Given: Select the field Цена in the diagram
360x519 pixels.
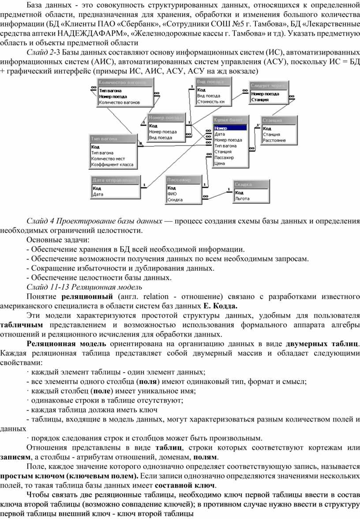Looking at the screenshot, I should pyautogui.click(x=219, y=163).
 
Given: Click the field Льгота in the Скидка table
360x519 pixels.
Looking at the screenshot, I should pyautogui.click(x=243, y=198).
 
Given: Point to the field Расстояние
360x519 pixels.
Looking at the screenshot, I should pyautogui.click(x=274, y=140).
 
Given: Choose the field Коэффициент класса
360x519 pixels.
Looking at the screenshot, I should pyautogui.click(x=112, y=164).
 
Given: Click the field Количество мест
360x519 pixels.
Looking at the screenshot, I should pyautogui.click(x=108, y=159).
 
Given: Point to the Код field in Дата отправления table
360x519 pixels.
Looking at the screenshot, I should pyautogui.click(x=97, y=188).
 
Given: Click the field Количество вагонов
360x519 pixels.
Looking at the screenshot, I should pyautogui.click(x=119, y=102).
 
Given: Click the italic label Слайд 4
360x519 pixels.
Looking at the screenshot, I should pyautogui.click(x=41, y=220).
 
